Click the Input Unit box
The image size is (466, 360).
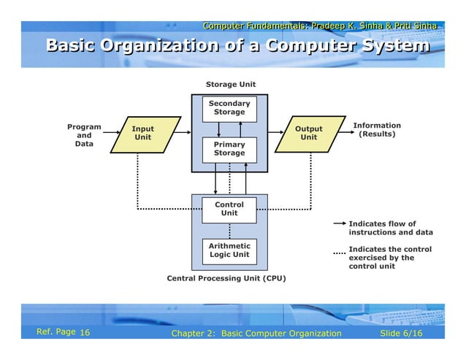[x=143, y=133]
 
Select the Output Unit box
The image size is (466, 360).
[x=308, y=133]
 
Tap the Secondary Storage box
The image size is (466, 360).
[x=229, y=108]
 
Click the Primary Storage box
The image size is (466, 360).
[x=229, y=149]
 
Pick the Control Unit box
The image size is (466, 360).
[x=229, y=209]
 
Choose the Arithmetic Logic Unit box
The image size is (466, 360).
[x=229, y=250]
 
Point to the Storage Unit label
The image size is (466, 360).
[x=230, y=85]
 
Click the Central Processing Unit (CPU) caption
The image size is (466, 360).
[x=226, y=278]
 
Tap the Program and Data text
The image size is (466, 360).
[x=84, y=135]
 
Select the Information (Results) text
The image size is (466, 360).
[x=377, y=130]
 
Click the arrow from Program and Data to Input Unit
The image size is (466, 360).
[x=112, y=134]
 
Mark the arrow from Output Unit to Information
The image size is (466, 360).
[x=338, y=134]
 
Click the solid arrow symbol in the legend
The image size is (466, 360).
[x=339, y=224]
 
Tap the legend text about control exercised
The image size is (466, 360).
[x=389, y=258]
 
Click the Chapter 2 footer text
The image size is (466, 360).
[x=256, y=334]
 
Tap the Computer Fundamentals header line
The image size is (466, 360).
[x=320, y=26]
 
